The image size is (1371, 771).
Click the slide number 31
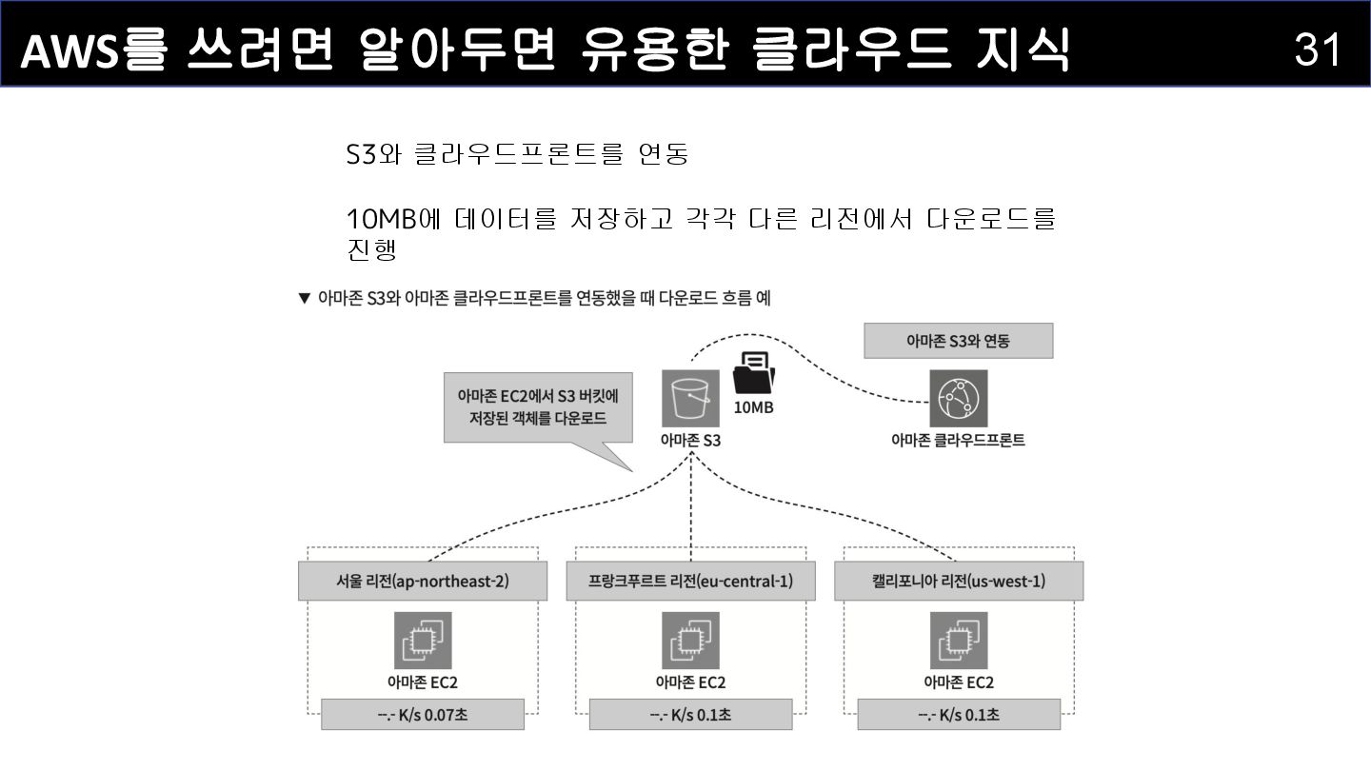click(x=1318, y=48)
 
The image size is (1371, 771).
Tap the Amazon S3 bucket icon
click(x=690, y=399)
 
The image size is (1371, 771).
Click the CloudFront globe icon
click(x=958, y=399)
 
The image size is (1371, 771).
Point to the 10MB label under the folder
click(x=753, y=407)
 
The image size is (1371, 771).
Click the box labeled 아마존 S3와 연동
click(x=958, y=341)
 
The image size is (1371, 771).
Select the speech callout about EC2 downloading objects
click(x=538, y=407)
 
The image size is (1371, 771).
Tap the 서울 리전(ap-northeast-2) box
click(x=423, y=581)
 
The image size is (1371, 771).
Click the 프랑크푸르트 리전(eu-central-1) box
click(x=690, y=581)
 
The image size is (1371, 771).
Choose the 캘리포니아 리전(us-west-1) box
click(x=959, y=581)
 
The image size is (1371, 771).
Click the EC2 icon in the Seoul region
click(x=423, y=640)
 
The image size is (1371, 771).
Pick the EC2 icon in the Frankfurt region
click(x=690, y=640)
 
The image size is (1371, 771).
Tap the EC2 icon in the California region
click(x=959, y=640)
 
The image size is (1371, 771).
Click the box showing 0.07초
click(x=423, y=715)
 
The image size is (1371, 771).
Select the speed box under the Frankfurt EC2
click(x=690, y=715)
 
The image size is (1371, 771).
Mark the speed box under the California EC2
click(x=959, y=715)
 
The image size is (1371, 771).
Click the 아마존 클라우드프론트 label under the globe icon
click(x=958, y=440)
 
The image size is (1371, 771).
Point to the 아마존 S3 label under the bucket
click(x=690, y=440)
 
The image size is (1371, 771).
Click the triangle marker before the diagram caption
click(x=305, y=299)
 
